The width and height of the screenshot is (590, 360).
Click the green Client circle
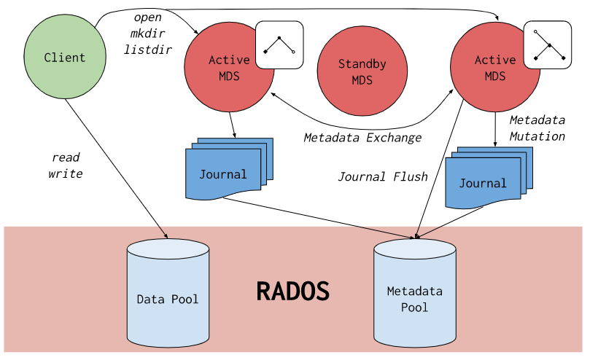tap(64, 57)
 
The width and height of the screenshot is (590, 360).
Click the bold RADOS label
tap(292, 291)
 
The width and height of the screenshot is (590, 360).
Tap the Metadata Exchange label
tap(362, 137)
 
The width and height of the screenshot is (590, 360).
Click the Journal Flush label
tap(382, 176)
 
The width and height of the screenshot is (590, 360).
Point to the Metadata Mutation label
tap(537, 128)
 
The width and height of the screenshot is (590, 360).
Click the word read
tap(66, 157)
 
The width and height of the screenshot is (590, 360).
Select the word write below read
tap(66, 173)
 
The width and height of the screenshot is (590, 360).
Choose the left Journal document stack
tap(226, 172)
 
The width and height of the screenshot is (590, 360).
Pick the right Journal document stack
tap(486, 181)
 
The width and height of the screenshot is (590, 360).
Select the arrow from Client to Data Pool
tap(117, 168)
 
